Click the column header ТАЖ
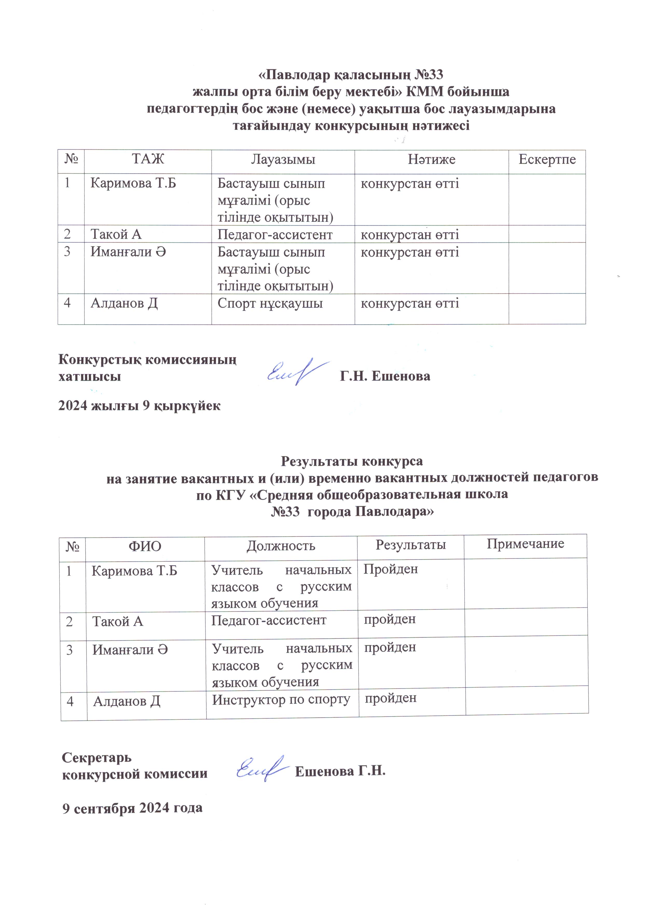tap(148, 159)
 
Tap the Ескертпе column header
tap(547, 159)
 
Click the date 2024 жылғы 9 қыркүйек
tap(139, 406)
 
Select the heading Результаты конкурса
tap(352, 461)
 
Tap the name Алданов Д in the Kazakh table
tap(124, 303)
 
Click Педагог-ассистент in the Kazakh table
tap(275, 235)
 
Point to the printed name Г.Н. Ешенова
tap(385, 376)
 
